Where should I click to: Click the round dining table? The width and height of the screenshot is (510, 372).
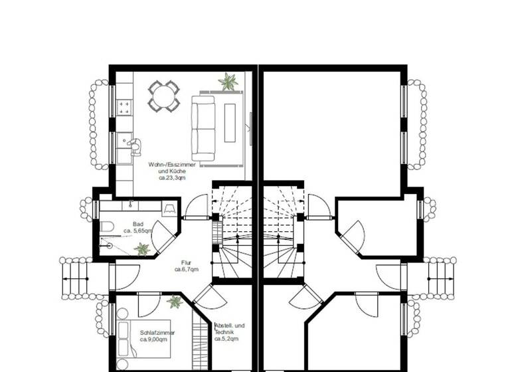163,96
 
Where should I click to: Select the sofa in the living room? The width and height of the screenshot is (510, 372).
203,128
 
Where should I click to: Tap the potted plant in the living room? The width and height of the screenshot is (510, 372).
228,82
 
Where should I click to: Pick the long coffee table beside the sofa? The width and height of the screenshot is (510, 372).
230,124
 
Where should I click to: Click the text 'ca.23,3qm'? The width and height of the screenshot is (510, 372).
172,178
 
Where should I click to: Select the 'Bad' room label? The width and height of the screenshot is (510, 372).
138,224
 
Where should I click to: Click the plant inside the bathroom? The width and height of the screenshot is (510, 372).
142,249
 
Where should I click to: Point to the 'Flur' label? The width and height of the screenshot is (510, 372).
187,262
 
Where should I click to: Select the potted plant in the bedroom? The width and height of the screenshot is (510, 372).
175,302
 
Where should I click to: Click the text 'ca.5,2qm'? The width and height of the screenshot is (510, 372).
226,339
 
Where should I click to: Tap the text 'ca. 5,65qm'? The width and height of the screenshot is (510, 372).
138,231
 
